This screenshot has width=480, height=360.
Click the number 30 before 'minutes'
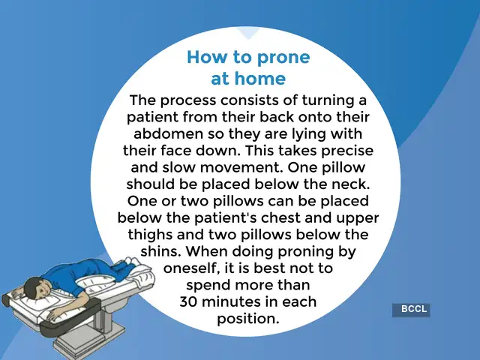click(x=190, y=302)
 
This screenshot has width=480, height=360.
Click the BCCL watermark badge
click(x=410, y=309)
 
